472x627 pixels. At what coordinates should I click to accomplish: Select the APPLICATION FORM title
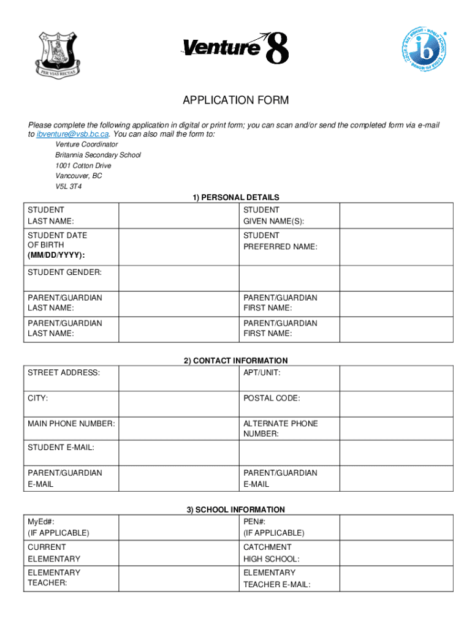[236, 100]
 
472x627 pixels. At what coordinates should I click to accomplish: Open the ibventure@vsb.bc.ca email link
[73, 133]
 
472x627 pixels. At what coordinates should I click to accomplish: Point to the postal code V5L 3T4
[69, 186]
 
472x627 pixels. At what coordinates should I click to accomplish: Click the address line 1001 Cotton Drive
[83, 165]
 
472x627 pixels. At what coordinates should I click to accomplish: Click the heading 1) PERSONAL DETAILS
[236, 197]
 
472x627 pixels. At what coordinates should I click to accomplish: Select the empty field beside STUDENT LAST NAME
[178, 216]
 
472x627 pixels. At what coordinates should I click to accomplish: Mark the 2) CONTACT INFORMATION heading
[236, 361]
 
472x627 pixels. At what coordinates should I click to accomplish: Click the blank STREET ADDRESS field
[178, 378]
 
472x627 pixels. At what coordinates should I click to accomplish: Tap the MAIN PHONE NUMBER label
[71, 424]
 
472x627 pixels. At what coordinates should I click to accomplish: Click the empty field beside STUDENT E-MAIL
[178, 454]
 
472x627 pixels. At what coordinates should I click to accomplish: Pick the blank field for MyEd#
[178, 527]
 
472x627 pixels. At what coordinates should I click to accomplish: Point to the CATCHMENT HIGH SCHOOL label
[271, 553]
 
